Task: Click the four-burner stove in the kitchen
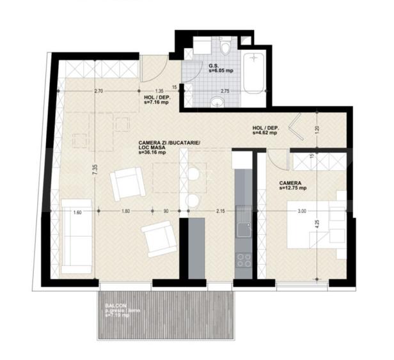coord(244,260)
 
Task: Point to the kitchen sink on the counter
coord(244,230)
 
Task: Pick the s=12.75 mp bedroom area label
coord(293,188)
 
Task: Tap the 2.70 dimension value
coord(98,91)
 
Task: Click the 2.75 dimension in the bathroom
coord(225,91)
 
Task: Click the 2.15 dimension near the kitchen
coord(220,210)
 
